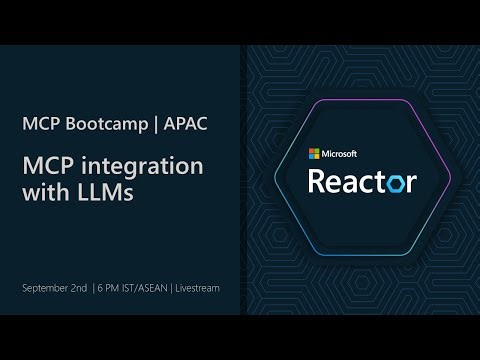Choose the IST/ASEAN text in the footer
click(x=146, y=288)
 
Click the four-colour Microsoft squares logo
click(x=313, y=153)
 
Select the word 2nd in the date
click(x=82, y=288)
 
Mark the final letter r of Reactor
click(x=410, y=182)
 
